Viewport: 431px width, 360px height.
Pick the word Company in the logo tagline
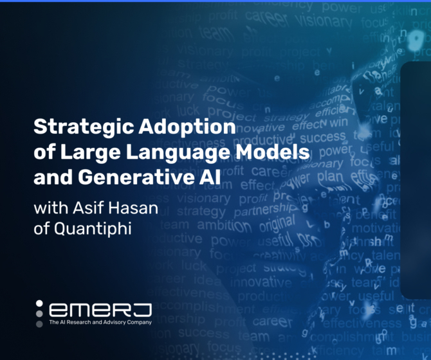tap(142, 321)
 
